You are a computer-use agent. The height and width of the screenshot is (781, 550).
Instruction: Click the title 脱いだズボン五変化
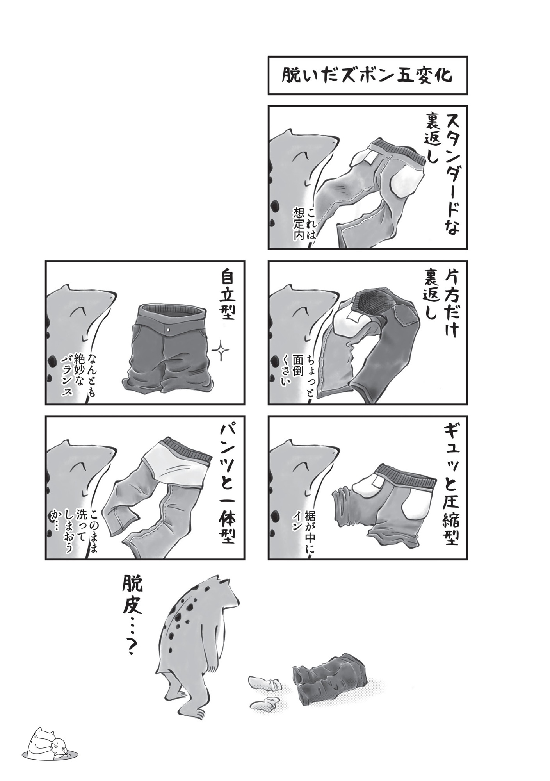click(x=367, y=75)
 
